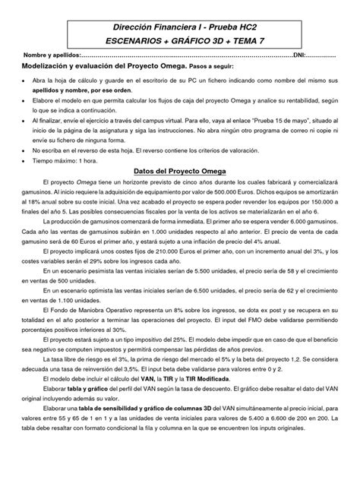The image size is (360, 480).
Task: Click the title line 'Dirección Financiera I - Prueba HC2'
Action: [x=180, y=27]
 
